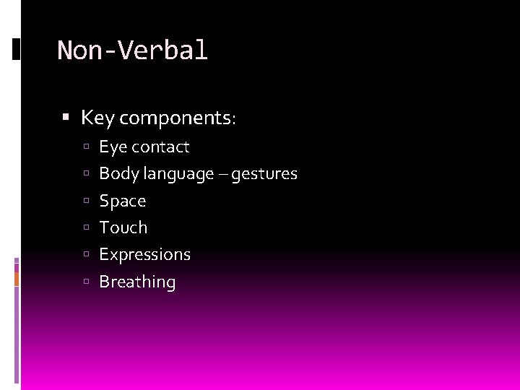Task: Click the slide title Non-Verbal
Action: point(132,51)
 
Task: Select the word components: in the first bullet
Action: point(178,118)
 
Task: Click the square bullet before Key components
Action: point(66,116)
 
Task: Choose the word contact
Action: point(161,147)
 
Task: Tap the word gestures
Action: point(265,174)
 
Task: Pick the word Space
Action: point(122,201)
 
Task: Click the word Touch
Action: point(123,227)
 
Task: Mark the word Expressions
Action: point(144,255)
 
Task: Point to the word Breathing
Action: point(137,282)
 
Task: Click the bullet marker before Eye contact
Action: point(85,147)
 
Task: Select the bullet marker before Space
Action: point(85,201)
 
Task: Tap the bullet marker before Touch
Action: point(85,227)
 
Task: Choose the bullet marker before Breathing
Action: point(85,282)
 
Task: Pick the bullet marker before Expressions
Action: point(85,254)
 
